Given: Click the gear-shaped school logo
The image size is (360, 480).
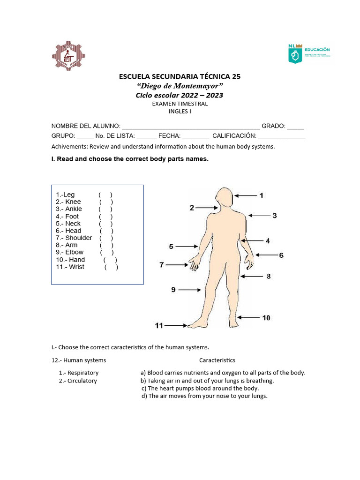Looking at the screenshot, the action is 69,56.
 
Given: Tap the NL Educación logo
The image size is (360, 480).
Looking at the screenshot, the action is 309,53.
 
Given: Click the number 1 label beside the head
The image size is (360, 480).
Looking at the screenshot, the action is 261,195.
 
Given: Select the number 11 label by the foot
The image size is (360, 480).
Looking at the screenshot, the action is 159,325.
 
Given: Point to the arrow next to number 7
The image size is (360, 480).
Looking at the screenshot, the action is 177,265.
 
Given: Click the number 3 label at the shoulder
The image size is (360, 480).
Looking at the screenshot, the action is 275,216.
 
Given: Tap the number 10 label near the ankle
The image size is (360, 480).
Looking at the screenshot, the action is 266,318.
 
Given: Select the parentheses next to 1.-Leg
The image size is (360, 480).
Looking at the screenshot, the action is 105,195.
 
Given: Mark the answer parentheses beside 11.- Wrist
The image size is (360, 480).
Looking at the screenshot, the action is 111,267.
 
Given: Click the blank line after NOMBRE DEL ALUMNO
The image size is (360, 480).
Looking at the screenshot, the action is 190,126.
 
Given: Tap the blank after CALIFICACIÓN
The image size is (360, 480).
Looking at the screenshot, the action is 281,136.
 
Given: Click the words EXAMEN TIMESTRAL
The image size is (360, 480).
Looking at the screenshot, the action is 180,104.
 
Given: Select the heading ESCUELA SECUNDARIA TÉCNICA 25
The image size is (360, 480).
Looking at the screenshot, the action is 180,76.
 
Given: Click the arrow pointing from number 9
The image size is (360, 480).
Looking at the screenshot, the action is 189,290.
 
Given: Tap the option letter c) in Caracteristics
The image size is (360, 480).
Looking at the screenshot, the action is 144,389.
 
